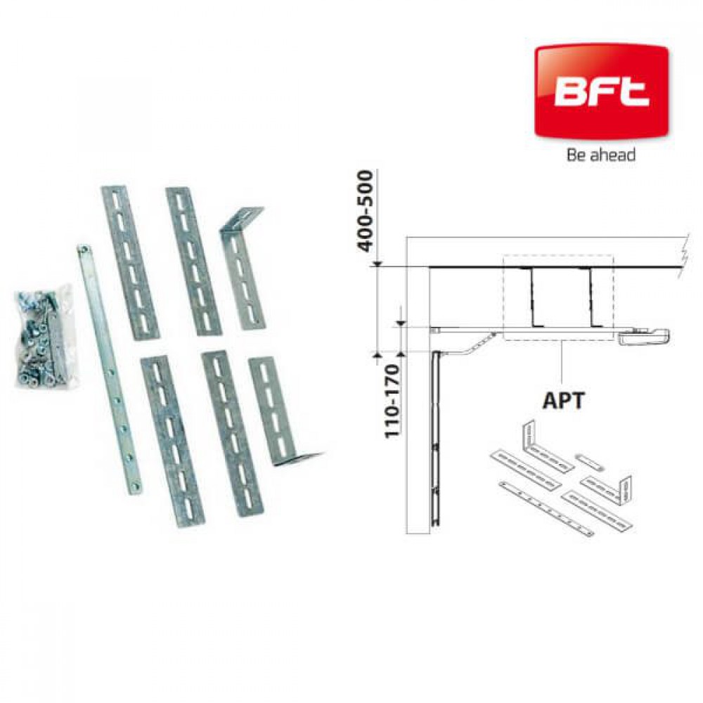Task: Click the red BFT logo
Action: [x=601, y=92]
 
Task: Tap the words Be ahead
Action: [x=601, y=155]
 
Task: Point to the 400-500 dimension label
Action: [x=366, y=211]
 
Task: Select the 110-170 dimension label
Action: [x=392, y=401]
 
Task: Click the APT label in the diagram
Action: [x=563, y=400]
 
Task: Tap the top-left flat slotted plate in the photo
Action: [x=130, y=263]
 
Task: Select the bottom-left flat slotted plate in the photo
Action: [x=172, y=441]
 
